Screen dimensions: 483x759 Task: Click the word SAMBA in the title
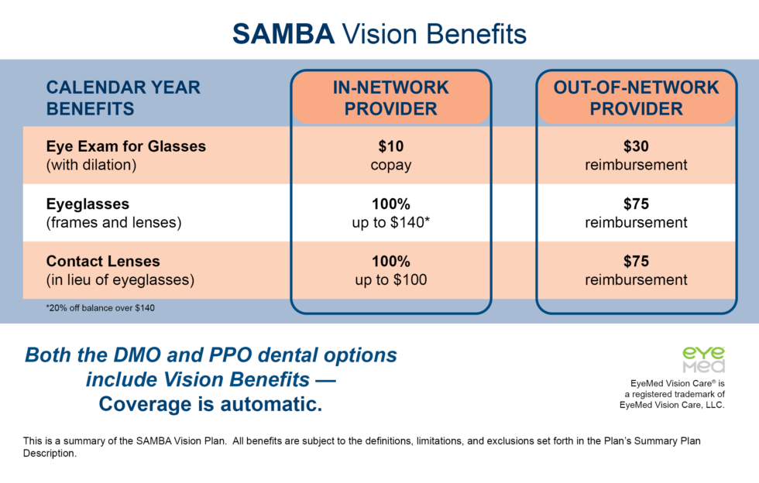[283, 33]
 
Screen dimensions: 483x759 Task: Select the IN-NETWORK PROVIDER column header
[390, 98]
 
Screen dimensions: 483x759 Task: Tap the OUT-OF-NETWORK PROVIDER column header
[636, 98]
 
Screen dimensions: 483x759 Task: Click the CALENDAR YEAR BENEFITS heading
[123, 98]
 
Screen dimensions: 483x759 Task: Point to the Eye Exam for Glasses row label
[125, 146]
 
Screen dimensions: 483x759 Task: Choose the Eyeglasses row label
[88, 204]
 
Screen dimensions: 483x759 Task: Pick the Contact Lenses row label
[103, 262]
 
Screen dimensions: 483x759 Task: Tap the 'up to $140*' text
[390, 223]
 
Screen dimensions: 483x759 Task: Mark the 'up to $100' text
[390, 280]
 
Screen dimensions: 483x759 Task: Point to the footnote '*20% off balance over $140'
[101, 308]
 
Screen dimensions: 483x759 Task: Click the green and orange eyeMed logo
[703, 359]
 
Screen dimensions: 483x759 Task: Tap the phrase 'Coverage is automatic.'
[210, 404]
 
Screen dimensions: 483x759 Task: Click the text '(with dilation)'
[91, 165]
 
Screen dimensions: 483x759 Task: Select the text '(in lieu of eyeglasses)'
[119, 280]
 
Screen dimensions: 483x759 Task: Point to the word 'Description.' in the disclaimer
[50, 454]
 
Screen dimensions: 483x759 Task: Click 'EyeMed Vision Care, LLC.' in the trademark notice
[671, 404]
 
